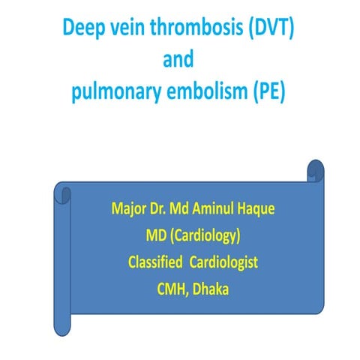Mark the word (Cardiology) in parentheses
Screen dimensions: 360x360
click(203, 236)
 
